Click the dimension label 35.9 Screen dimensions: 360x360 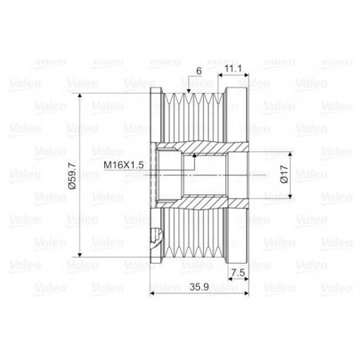[199, 287]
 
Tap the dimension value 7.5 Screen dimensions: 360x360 [238, 272]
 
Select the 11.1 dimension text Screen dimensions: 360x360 [233, 68]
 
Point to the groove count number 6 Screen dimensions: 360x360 [199, 71]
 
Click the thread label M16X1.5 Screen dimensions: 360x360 [123, 165]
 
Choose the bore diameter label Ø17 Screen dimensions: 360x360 [284, 174]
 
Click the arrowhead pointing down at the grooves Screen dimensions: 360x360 [189, 91]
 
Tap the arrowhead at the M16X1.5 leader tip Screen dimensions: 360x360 [194, 155]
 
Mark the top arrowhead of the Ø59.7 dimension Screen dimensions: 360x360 [80, 96]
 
